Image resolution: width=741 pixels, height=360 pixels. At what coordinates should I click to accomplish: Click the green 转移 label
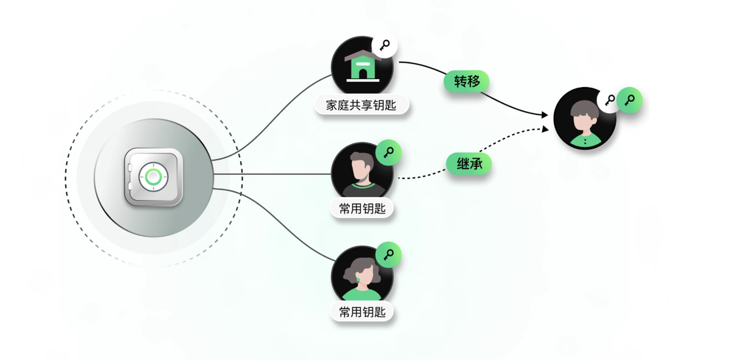tap(466, 82)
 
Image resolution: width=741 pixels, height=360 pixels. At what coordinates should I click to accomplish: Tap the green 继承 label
tap(469, 164)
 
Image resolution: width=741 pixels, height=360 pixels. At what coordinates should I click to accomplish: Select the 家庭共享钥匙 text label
tap(361, 105)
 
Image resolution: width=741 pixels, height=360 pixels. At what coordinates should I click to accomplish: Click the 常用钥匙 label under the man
tap(362, 208)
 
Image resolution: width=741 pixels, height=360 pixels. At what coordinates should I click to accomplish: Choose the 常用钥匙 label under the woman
tap(362, 311)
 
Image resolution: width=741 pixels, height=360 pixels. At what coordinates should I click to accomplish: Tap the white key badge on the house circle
tap(385, 45)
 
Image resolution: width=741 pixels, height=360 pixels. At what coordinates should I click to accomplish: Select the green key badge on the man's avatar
tap(388, 152)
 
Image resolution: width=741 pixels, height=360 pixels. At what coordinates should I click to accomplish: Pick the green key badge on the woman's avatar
tap(388, 255)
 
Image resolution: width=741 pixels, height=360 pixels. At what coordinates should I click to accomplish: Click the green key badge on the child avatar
tap(629, 100)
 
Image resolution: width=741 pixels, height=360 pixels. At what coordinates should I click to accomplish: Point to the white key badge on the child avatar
tap(609, 100)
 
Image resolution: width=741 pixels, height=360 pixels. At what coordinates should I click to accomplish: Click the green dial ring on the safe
tap(153, 177)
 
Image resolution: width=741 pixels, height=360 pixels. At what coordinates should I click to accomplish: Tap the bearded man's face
tap(360, 170)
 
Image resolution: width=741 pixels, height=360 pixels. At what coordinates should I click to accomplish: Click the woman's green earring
tap(358, 279)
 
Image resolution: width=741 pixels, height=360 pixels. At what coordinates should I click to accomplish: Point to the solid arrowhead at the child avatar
tap(544, 115)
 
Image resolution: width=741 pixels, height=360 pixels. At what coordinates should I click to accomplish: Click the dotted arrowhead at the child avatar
tap(544, 129)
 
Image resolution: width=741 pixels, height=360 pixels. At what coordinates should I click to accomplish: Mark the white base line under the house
tap(363, 81)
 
